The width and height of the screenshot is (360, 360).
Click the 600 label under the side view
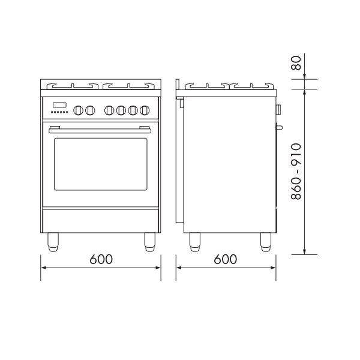point(225,259)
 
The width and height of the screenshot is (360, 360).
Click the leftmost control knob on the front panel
point(78,110)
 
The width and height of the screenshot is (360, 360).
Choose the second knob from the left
point(91,110)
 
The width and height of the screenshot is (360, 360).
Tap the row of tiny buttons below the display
point(59,112)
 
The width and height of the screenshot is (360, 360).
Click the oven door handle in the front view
point(100,128)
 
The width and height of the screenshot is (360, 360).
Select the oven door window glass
point(100,164)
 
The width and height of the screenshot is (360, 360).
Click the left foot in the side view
point(195,241)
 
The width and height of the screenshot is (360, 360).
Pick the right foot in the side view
point(265,241)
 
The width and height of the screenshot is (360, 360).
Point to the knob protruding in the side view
point(278,109)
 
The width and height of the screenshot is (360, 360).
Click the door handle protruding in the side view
point(278,127)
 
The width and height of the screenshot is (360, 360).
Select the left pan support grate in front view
point(70,84)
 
